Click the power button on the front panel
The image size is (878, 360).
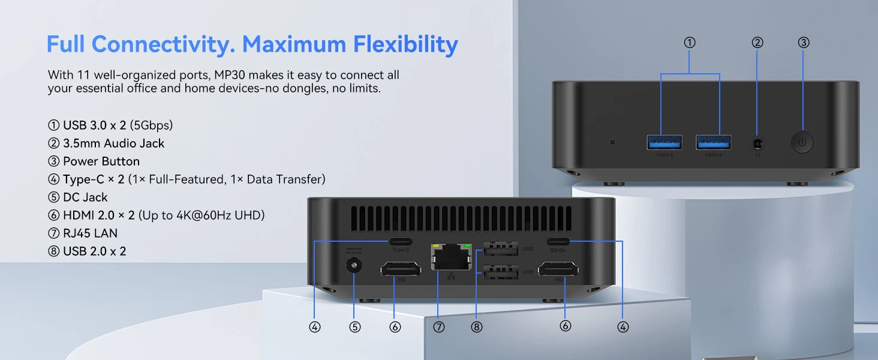click(802, 142)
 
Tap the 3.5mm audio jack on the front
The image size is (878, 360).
click(757, 143)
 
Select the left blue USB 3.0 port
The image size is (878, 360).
click(664, 142)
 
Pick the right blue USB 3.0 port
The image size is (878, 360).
click(714, 142)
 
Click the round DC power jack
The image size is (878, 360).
click(354, 266)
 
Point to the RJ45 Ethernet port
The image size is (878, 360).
click(451, 257)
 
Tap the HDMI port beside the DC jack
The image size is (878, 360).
click(401, 269)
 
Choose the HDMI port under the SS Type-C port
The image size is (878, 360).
click(558, 269)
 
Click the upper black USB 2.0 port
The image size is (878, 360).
click(501, 249)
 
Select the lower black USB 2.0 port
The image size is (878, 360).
click(501, 272)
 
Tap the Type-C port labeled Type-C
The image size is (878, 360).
click(401, 242)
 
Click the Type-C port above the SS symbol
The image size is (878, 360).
click(558, 242)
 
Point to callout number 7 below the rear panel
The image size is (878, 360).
click(438, 327)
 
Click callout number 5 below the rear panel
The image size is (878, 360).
click(354, 327)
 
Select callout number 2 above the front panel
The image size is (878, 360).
click(757, 43)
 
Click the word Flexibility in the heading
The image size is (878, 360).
click(405, 44)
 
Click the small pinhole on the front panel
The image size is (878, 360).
click(613, 142)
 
